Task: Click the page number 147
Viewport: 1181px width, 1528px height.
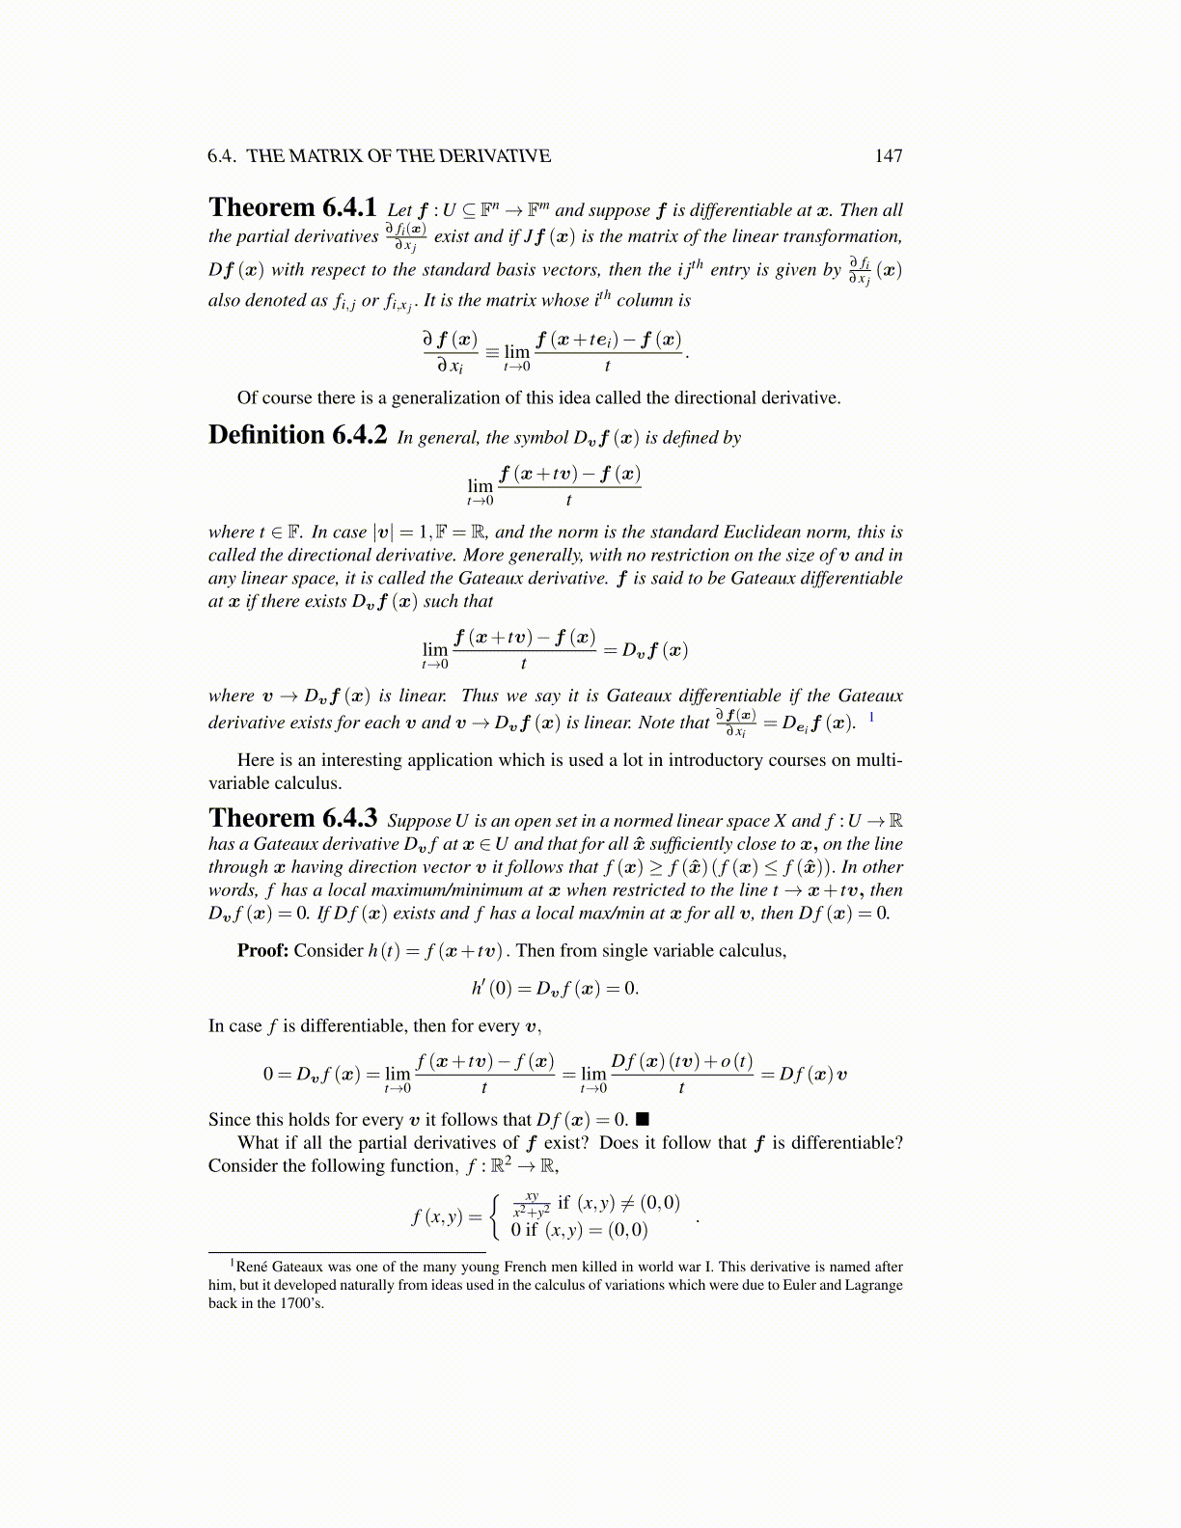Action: click(x=888, y=156)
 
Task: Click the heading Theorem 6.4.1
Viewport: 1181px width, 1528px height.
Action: click(x=292, y=208)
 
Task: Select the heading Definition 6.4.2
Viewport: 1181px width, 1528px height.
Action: click(x=297, y=436)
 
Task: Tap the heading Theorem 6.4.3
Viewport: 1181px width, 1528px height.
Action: click(x=292, y=819)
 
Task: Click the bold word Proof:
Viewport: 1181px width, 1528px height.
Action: click(x=262, y=951)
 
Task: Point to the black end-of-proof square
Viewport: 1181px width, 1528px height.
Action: click(x=643, y=1119)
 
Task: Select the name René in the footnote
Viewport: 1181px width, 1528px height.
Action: click(x=252, y=1268)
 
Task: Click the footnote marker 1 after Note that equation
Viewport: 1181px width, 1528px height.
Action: click(x=872, y=717)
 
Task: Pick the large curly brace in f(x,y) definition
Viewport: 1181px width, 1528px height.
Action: click(x=496, y=1216)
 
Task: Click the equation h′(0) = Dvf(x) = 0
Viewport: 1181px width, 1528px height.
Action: click(x=555, y=989)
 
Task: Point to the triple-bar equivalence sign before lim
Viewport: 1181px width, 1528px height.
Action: click(x=492, y=351)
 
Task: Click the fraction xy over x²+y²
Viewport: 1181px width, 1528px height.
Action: click(x=532, y=1204)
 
